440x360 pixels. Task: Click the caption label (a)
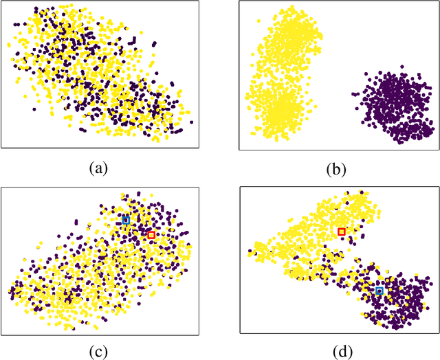click(100, 167)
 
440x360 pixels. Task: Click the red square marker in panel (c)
click(151, 235)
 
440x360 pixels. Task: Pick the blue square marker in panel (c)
click(126, 220)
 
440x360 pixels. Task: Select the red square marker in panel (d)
click(342, 232)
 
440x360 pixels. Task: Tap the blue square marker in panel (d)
click(379, 291)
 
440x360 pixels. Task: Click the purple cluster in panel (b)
click(392, 106)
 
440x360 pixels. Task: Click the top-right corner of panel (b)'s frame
click(437, 1)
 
